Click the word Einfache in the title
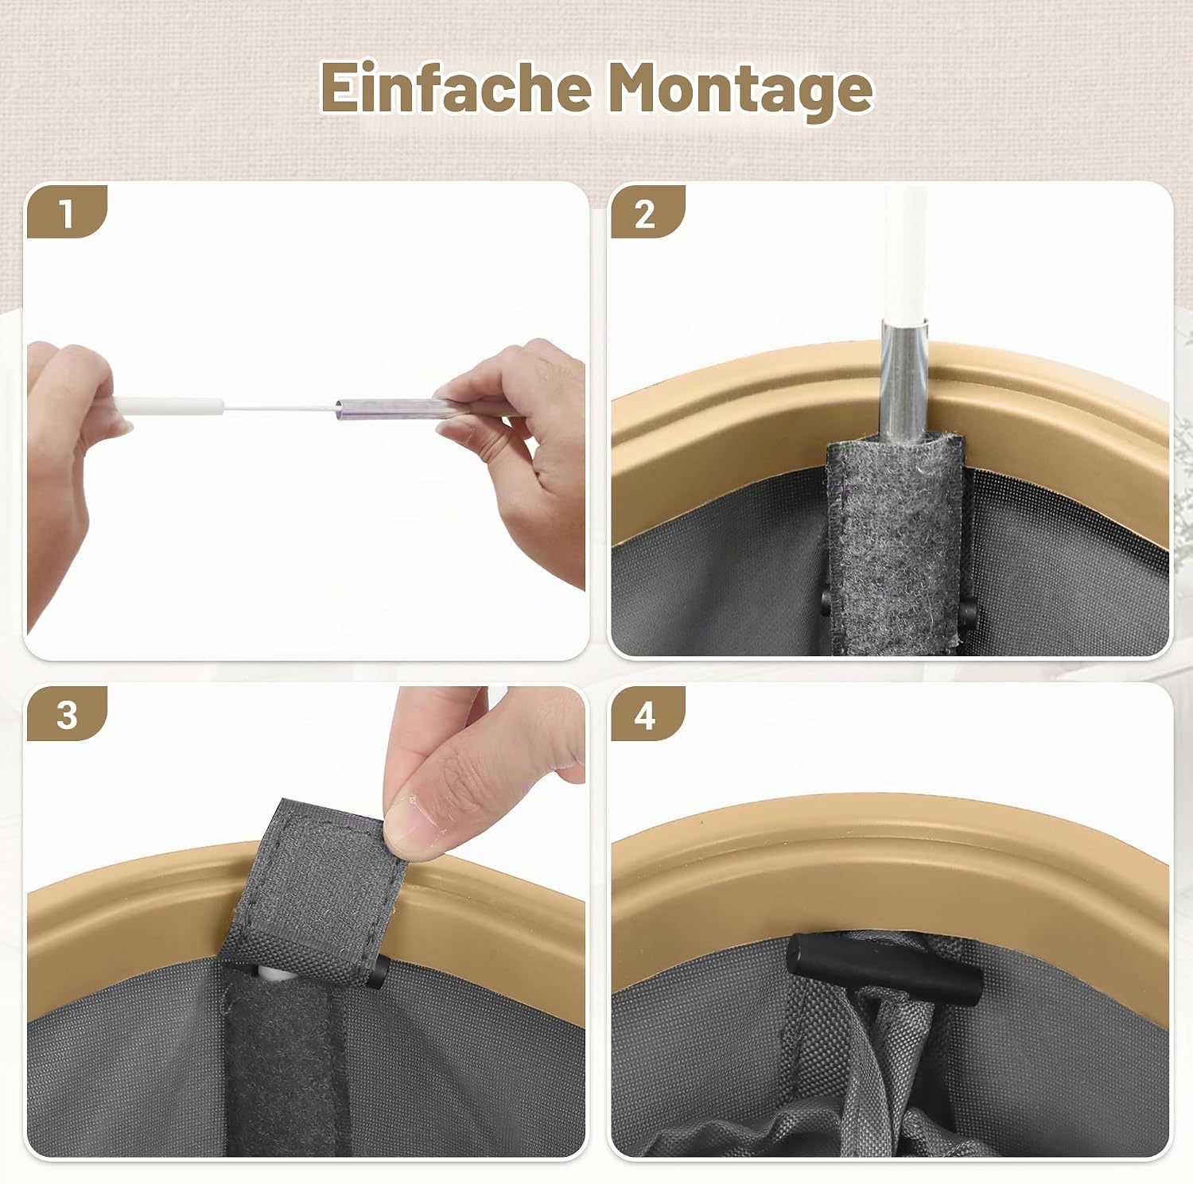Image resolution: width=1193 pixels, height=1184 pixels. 457,87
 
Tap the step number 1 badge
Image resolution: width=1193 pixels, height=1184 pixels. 67,212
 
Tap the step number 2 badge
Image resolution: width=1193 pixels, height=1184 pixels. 646,212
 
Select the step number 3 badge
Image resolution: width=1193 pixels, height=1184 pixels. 67,713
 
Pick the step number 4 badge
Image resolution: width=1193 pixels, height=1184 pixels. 646,713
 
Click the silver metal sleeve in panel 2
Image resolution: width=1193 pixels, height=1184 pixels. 905,380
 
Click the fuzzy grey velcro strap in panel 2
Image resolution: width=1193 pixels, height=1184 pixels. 894,541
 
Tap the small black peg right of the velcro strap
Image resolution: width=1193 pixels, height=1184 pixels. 968,612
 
